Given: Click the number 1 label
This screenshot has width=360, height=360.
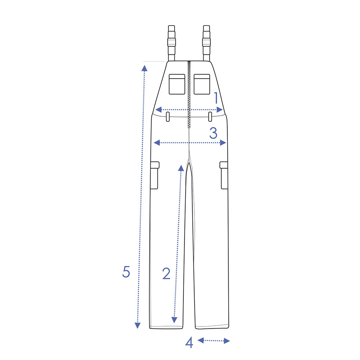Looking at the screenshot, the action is pos(216,98).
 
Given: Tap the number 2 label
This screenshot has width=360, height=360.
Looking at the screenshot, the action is pos(166,274).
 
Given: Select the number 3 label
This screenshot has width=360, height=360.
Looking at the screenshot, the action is pos(213,133).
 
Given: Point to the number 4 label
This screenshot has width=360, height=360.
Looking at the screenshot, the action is pos(189,343).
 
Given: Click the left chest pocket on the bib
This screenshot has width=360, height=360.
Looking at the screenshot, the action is pos(177,84).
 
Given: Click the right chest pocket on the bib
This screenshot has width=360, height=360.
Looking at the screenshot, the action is pos(202,84).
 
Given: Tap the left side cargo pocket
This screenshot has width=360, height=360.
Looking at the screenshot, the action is pos(154,175).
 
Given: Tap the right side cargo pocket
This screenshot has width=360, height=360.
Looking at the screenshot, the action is pos(224,175).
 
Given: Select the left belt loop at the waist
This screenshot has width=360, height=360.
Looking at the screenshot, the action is pos(168,117).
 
